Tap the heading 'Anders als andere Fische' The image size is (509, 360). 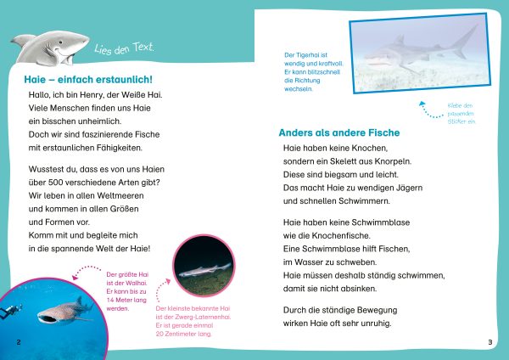(x=339, y=132)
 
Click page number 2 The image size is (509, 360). (x=19, y=341)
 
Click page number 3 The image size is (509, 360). (x=490, y=341)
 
